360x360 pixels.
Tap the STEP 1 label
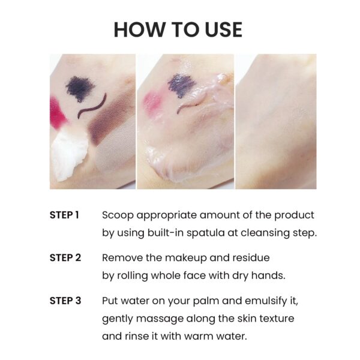tap(64, 215)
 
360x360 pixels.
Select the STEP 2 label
tap(64, 257)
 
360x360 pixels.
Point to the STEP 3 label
tap(65, 301)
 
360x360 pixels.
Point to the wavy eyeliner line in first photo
tap(93, 105)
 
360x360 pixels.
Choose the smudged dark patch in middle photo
tap(181, 84)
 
